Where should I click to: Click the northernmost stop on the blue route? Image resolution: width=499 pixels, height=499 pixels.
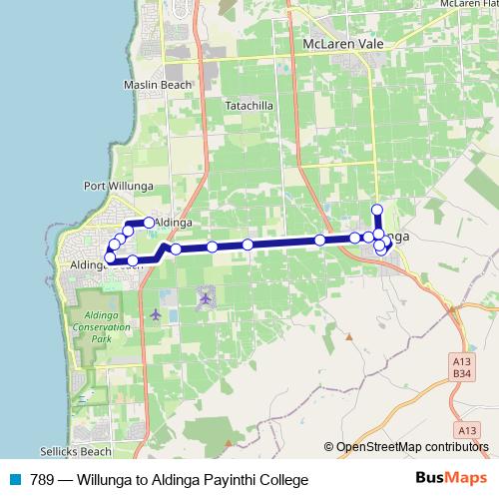point(377,210)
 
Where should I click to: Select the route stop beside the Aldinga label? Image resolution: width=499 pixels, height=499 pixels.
point(149,223)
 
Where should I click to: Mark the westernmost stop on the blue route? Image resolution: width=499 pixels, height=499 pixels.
point(110,258)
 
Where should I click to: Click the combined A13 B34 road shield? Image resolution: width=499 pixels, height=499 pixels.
point(460,367)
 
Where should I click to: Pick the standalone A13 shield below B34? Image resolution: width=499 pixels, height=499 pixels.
point(466,430)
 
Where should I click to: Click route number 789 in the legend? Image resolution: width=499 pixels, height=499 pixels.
point(42,480)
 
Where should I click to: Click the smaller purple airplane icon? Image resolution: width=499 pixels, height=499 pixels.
point(156,315)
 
